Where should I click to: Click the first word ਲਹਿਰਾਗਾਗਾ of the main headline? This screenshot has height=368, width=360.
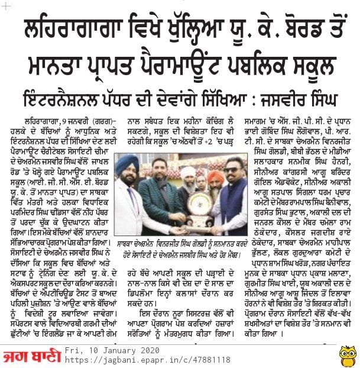pyautogui.click(x=64, y=28)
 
